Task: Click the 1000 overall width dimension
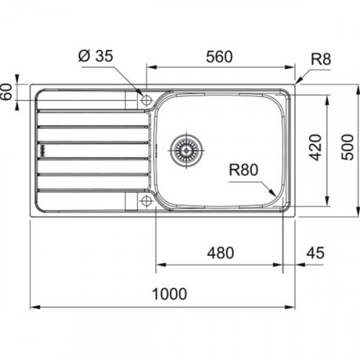[x=170, y=294]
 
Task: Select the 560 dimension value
[x=220, y=57]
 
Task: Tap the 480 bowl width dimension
[x=220, y=253]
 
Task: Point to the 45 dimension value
[x=315, y=253]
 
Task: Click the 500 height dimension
[x=348, y=147]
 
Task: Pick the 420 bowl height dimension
[x=315, y=148]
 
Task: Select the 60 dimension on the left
[x=6, y=91]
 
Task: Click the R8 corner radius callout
[x=321, y=59]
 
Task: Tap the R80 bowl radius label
[x=243, y=170]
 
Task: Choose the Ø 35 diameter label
[x=96, y=56]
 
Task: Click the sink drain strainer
[x=186, y=150]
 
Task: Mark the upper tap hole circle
[x=146, y=100]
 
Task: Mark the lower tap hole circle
[x=146, y=201]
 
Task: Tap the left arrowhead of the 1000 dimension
[x=35, y=307]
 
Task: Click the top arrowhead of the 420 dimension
[x=327, y=100]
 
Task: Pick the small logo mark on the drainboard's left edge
[x=42, y=150]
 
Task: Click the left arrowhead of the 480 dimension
[x=161, y=265]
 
